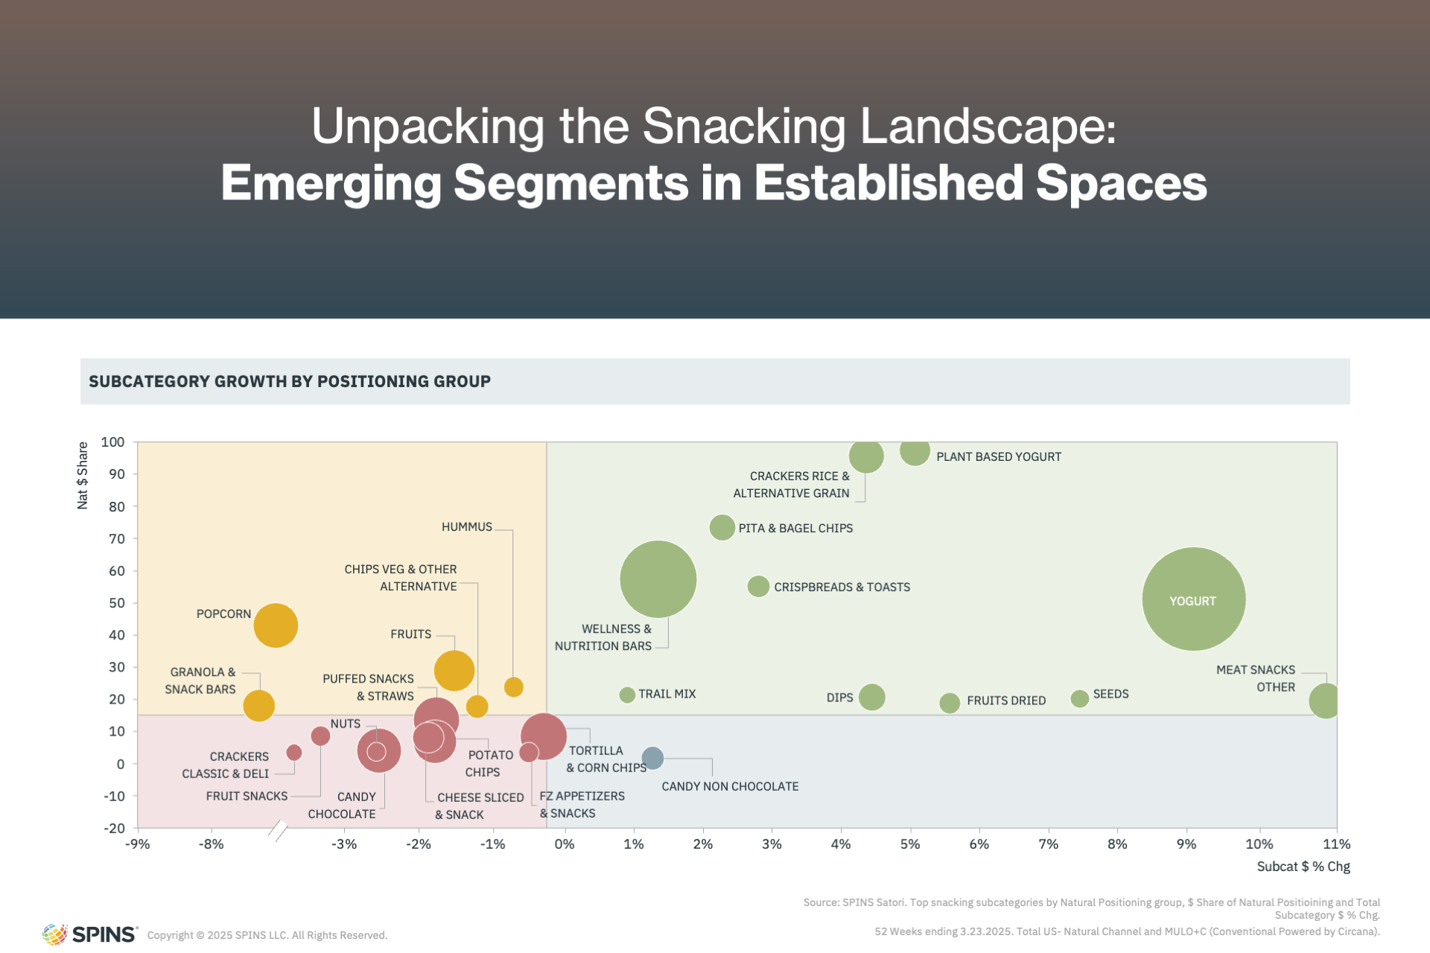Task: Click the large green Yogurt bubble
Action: pos(1193,599)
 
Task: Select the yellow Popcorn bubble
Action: pos(276,625)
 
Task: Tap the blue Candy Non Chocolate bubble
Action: pos(652,759)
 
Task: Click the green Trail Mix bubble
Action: pos(627,695)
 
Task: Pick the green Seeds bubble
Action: pos(1079,698)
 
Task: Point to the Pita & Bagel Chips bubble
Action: pos(722,528)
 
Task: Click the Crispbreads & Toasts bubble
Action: pos(758,587)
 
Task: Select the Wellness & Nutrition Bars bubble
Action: pos(658,579)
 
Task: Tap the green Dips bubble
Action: pos(871,698)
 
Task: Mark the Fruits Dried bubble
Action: pos(949,703)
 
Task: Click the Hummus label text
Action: pos(467,527)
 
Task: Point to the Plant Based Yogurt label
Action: pos(999,457)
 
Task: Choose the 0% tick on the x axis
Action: pos(565,844)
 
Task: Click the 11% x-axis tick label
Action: pos(1336,844)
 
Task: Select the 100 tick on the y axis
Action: pos(112,442)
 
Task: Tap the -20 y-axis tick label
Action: pos(114,828)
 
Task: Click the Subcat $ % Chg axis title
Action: pos(1303,867)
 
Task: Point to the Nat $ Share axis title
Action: pos(83,476)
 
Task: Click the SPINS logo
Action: pos(90,934)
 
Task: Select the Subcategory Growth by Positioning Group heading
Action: pos(290,381)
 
